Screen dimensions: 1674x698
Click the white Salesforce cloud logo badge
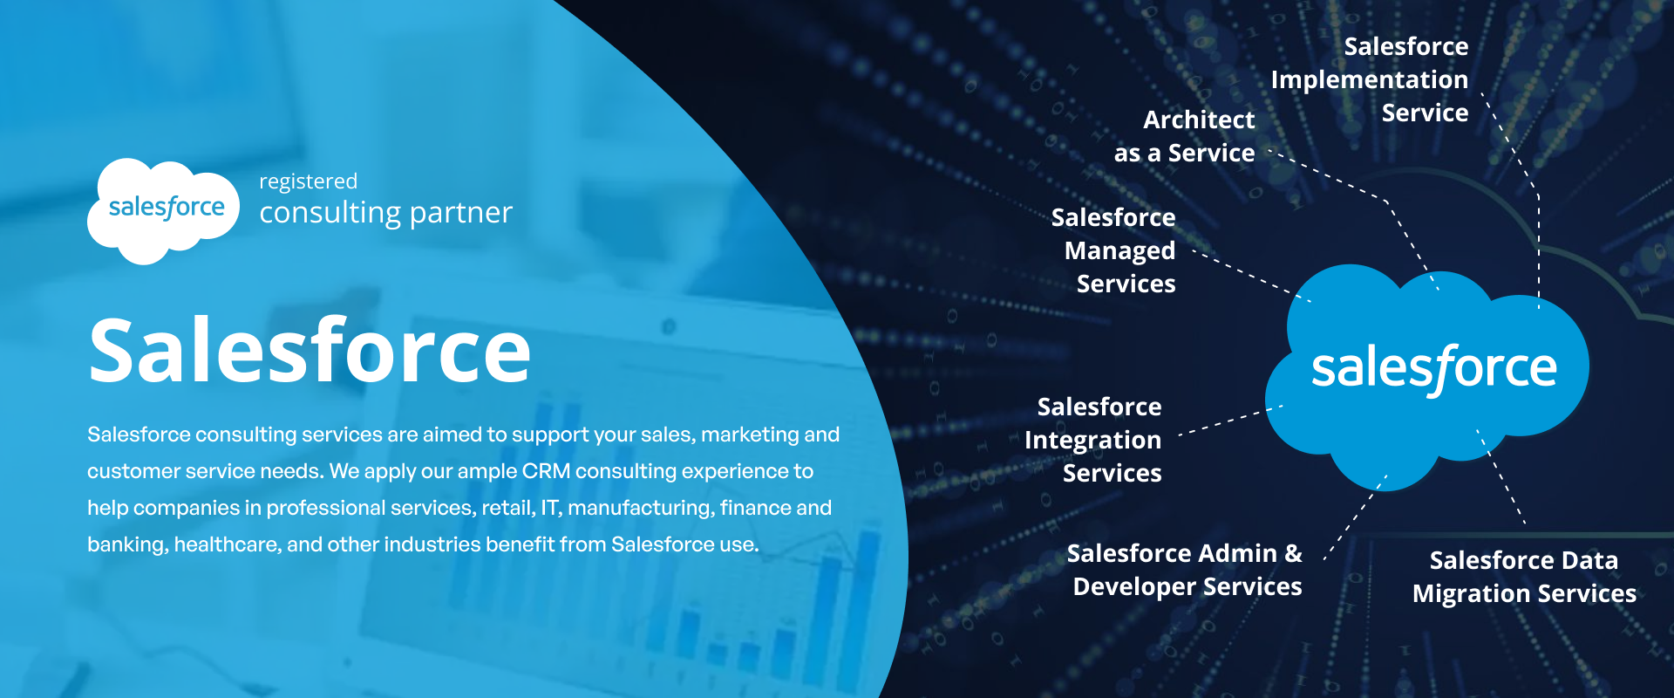pos(163,210)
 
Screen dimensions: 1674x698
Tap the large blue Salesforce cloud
pos(1427,375)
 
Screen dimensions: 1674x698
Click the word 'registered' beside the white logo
pos(308,182)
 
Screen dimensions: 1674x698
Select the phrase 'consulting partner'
pos(385,213)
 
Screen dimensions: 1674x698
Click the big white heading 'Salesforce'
pos(310,350)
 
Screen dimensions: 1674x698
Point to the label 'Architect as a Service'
pos(1185,136)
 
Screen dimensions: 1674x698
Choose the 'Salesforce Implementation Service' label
pos(1370,79)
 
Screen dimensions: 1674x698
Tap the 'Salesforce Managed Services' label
pos(1113,250)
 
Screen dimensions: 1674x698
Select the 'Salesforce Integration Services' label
pos(1093,440)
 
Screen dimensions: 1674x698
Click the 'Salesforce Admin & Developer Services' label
pos(1185,570)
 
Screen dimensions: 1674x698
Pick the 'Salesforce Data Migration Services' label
pos(1524,577)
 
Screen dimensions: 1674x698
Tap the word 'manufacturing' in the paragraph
pos(638,508)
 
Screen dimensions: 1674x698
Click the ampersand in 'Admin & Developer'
pos(1294,553)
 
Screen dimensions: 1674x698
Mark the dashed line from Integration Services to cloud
pos(1230,420)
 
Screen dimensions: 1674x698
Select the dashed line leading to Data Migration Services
pos(1500,476)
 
